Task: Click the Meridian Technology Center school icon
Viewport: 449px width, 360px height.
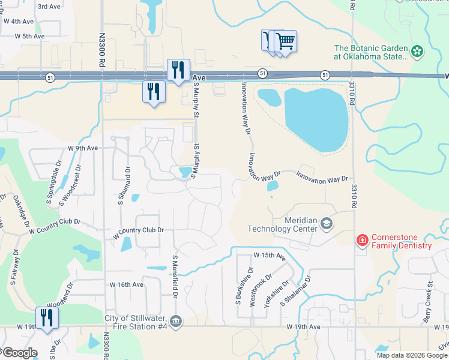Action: pos(326,224)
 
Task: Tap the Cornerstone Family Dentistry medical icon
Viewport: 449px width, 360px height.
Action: pos(362,241)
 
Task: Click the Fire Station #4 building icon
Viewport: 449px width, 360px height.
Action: pos(175,322)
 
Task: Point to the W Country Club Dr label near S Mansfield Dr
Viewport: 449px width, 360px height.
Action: pos(139,230)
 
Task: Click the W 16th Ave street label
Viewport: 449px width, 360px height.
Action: pos(126,284)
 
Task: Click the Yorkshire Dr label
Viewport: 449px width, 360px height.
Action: pos(276,293)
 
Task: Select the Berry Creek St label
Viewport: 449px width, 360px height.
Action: pos(427,303)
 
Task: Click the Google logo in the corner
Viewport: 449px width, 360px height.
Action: pos(19,353)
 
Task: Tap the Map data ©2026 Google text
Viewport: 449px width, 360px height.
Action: pos(411,355)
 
